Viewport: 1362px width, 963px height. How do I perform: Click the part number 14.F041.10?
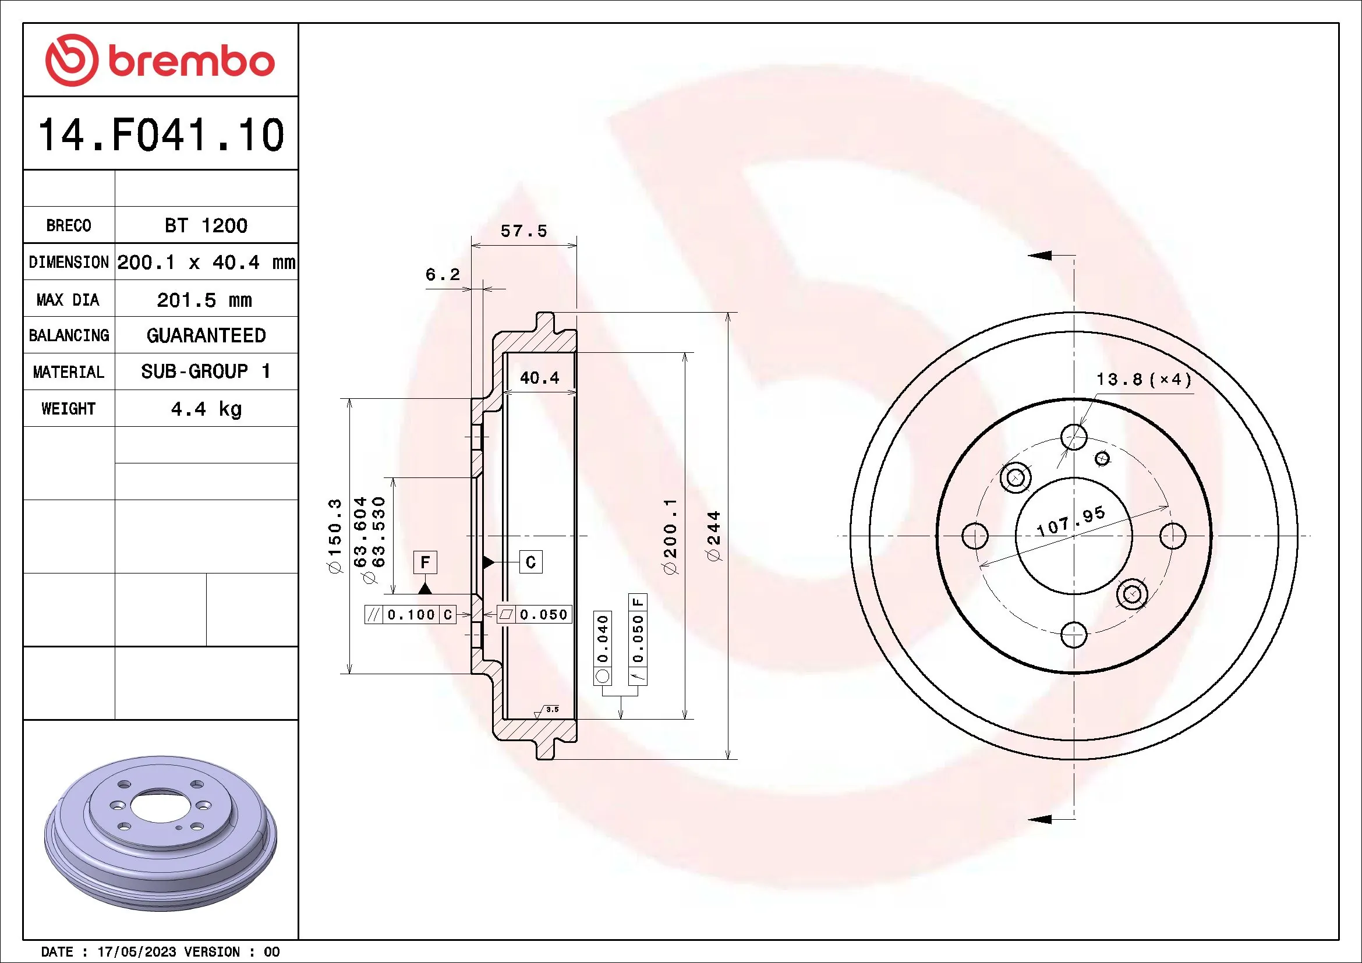pyautogui.click(x=161, y=134)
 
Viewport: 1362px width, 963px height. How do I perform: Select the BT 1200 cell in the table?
pyautogui.click(x=206, y=225)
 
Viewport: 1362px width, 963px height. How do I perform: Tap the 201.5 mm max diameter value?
pyautogui.click(x=204, y=300)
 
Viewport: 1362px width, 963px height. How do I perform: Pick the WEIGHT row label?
pyautogui.click(x=68, y=409)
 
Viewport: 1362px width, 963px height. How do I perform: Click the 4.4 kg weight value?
pyautogui.click(x=206, y=409)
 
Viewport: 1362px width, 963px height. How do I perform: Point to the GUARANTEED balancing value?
pyautogui.click(x=206, y=335)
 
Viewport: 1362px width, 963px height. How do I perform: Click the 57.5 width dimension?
pyautogui.click(x=523, y=231)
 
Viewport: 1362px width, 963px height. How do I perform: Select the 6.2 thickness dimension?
pyautogui.click(x=443, y=275)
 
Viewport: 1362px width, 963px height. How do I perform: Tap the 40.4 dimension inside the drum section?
pyautogui.click(x=539, y=378)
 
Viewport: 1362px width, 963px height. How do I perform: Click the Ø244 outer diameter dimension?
pyautogui.click(x=714, y=536)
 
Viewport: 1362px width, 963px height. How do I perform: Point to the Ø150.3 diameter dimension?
pyautogui.click(x=335, y=536)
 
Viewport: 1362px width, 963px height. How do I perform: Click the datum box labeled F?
pyautogui.click(x=424, y=562)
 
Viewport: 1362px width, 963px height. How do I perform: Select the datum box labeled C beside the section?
pyautogui.click(x=530, y=562)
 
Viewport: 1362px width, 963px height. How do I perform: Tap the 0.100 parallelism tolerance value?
pyautogui.click(x=411, y=615)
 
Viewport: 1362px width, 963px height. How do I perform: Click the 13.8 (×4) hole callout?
pyautogui.click(x=1143, y=379)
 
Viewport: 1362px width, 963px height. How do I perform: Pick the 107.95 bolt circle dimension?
pyautogui.click(x=1071, y=521)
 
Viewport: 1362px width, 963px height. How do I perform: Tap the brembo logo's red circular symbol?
pyautogui.click(x=72, y=61)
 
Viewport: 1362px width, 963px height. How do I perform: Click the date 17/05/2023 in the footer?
pyautogui.click(x=136, y=952)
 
